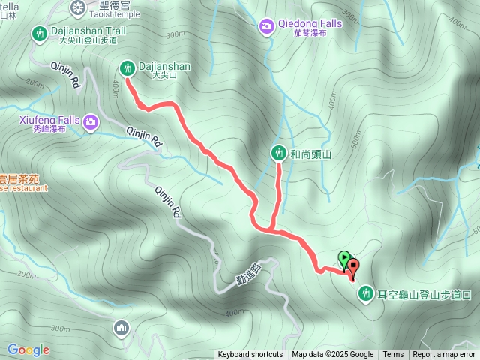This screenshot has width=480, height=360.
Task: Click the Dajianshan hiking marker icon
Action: [127, 68]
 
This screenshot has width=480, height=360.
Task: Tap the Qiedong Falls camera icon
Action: [266, 27]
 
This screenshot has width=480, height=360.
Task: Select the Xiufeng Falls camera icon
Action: [91, 121]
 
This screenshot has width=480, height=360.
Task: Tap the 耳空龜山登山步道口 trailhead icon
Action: [366, 292]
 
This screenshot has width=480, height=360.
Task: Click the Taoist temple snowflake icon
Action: [77, 8]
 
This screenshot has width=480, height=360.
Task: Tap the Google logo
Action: [28, 349]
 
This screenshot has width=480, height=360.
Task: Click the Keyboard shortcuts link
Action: [250, 355]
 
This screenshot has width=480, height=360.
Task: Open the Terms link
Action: [393, 355]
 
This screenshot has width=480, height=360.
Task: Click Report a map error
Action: [444, 355]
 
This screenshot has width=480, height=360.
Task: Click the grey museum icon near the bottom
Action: [121, 327]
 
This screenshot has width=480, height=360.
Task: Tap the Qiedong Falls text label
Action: [300, 23]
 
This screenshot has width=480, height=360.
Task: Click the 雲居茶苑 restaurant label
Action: [19, 179]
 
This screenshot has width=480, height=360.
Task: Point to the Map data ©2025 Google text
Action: [332, 355]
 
